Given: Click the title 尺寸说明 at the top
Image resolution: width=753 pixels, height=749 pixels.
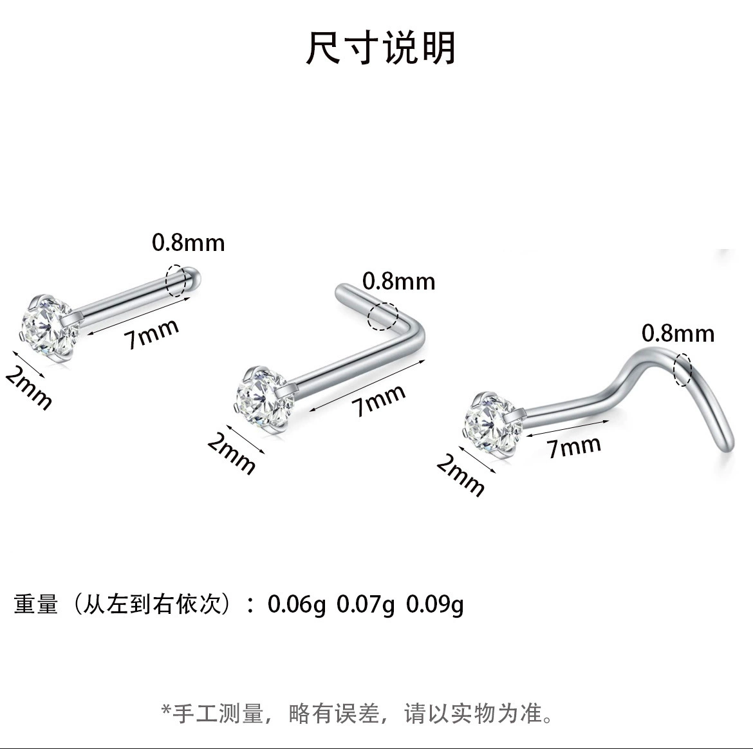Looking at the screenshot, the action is pos(380,48).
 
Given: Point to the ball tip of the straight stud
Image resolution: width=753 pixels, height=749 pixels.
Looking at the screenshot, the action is pos(193,278).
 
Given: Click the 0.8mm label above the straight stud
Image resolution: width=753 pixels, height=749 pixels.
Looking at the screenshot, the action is pos(188,243).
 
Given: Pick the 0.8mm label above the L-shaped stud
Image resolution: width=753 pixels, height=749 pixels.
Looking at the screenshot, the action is pos(398,281).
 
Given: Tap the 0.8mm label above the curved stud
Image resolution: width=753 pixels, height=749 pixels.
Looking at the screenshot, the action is pos(678,333).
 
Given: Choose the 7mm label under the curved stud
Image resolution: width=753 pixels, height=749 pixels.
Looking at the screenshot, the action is pos(574,447).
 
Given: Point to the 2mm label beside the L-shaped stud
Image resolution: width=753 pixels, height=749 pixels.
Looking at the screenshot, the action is pos(232,453).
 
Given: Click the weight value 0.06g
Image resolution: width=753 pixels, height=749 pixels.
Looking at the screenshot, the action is pos(296,604).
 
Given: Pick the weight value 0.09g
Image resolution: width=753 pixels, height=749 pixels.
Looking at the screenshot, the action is pos(434,604).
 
